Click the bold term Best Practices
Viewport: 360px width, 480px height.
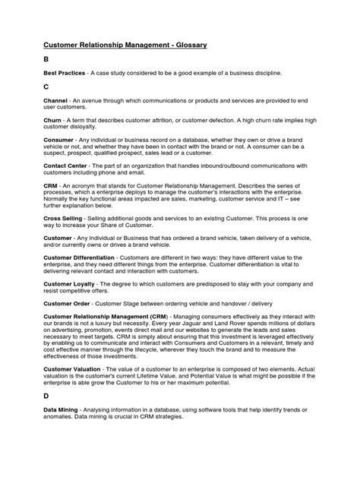coord(62,73)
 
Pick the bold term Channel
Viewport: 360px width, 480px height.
coord(55,101)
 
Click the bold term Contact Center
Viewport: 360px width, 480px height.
coord(65,169)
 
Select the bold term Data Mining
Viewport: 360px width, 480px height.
coord(59,408)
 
